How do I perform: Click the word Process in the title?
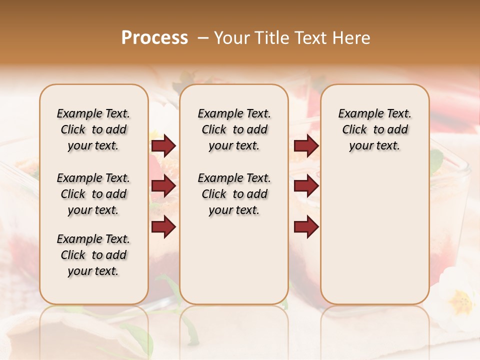tap(154, 38)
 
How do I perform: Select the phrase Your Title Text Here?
tap(292, 38)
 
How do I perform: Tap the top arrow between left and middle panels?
tap(163, 145)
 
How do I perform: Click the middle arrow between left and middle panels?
tap(163, 186)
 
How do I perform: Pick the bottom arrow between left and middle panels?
tap(163, 226)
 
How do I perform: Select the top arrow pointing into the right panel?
tap(306, 145)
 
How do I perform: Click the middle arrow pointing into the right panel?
tap(306, 186)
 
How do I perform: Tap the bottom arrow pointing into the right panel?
tap(306, 226)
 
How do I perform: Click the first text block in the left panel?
tap(93, 129)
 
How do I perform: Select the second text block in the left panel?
tap(93, 194)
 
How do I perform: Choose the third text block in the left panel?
tap(93, 255)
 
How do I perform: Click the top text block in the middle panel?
tap(234, 129)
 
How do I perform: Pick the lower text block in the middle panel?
tap(234, 194)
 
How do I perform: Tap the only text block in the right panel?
tap(374, 129)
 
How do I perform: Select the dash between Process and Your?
tap(203, 38)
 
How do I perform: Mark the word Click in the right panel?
tap(354, 130)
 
